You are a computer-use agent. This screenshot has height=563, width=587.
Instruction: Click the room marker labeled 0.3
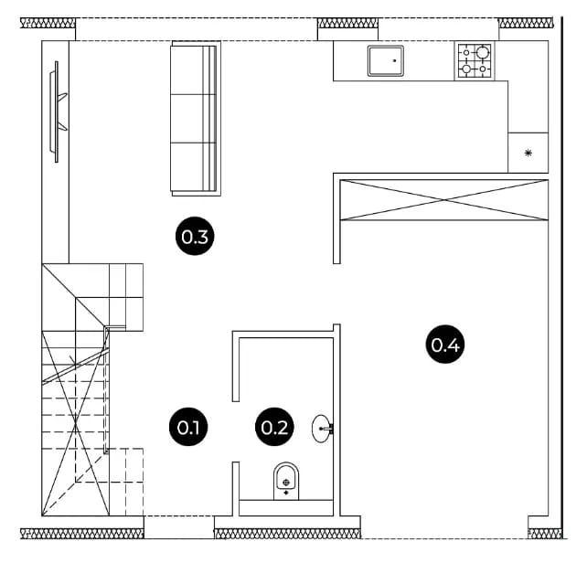[x=195, y=236]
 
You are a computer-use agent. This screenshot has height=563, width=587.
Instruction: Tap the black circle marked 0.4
[x=445, y=344]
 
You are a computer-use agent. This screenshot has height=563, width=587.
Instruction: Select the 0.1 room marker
[x=188, y=427]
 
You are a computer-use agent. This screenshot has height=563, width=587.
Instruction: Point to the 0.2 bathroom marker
[x=274, y=427]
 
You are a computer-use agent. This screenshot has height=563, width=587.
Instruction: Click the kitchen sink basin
[x=386, y=60]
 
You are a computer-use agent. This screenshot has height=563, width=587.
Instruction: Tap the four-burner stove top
[x=475, y=60]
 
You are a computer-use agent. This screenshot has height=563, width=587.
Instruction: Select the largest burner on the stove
[x=482, y=52]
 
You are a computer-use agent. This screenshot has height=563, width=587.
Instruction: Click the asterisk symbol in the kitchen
[x=528, y=153]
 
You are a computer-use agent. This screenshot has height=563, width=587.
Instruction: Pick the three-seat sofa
[x=196, y=119]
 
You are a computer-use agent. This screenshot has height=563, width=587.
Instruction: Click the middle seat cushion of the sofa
[x=187, y=119]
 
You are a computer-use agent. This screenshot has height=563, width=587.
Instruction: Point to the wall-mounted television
[x=58, y=112]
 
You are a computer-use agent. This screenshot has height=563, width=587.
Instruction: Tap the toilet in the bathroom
[x=286, y=481]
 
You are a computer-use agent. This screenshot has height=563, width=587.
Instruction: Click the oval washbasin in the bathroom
[x=322, y=429]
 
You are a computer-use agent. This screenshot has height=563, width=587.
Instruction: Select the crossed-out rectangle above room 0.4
[x=444, y=200]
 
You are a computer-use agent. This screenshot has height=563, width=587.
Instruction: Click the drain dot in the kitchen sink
[x=394, y=60]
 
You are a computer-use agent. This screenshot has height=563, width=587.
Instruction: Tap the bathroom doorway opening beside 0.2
[x=236, y=431]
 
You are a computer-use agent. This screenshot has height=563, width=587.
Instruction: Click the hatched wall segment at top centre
[x=347, y=23]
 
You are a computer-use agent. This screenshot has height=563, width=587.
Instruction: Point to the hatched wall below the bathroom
[x=287, y=534]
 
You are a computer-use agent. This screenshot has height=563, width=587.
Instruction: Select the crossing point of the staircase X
[x=76, y=424]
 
